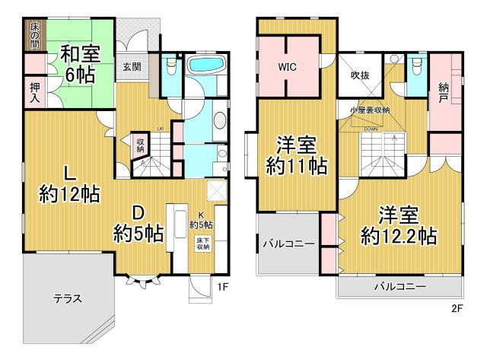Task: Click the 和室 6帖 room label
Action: (x=78, y=63)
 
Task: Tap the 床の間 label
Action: (x=34, y=36)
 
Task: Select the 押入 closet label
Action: (x=36, y=93)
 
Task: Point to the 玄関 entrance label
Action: (x=131, y=67)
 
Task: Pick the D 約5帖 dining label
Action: (x=138, y=222)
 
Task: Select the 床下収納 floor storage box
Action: (x=202, y=244)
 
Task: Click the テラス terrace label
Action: (x=68, y=298)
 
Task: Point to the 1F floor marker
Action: (x=222, y=287)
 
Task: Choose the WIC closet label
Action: (x=288, y=66)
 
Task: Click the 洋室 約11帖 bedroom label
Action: (x=297, y=155)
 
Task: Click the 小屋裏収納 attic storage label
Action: (x=370, y=110)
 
